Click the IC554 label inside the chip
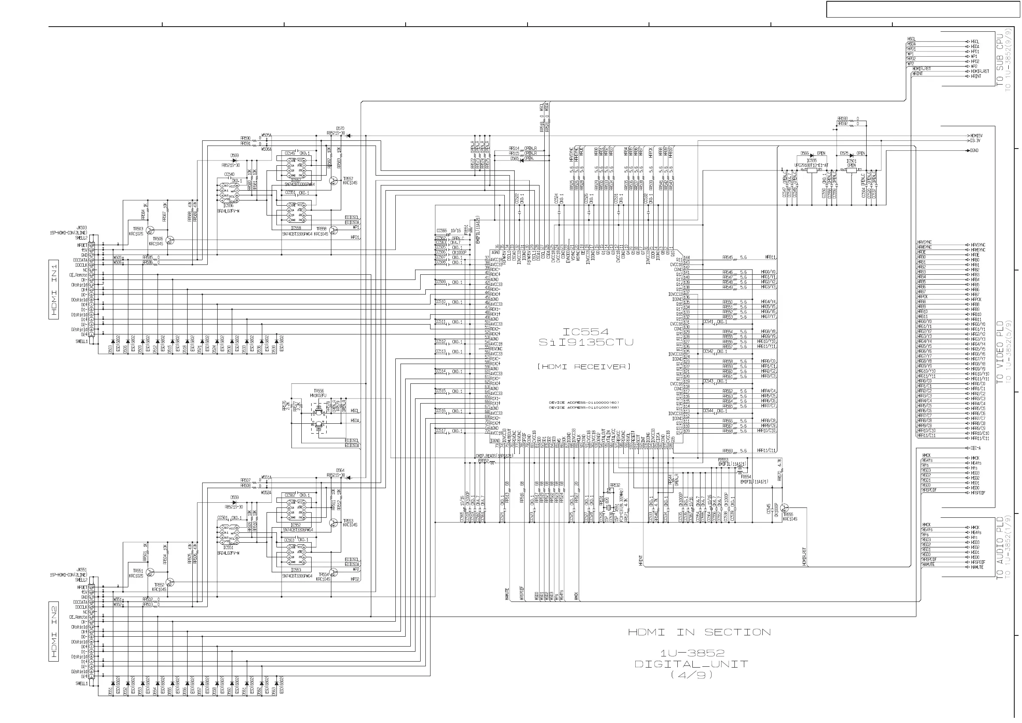[x=585, y=332]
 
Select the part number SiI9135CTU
[x=585, y=342]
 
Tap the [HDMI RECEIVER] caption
[x=584, y=367]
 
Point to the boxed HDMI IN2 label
[x=54, y=631]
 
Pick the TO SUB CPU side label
[x=1000, y=61]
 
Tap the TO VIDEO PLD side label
[x=1000, y=352]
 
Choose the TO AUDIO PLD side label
[x=1000, y=548]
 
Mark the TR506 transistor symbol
[x=170, y=240]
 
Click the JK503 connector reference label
[x=82, y=228]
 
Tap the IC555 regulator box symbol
[x=812, y=170]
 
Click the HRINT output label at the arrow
[x=976, y=76]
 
